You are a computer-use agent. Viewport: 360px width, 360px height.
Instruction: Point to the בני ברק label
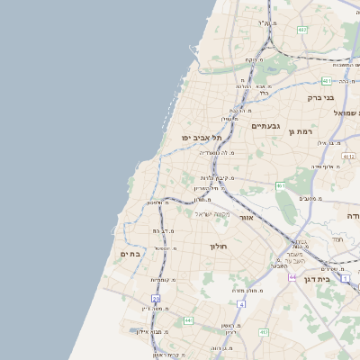[320, 97]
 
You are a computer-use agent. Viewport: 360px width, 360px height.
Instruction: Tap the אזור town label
[247, 218]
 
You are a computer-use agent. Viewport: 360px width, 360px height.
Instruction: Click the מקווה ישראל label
[212, 213]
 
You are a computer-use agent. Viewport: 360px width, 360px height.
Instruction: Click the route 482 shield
[302, 30]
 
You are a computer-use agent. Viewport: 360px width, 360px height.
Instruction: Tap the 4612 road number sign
[348, 156]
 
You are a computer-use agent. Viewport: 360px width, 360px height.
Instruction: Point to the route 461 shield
[281, 185]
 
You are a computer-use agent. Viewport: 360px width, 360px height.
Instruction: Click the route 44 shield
[292, 277]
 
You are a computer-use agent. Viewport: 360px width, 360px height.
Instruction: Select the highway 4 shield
[241, 304]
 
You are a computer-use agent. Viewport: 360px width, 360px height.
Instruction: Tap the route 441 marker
[188, 320]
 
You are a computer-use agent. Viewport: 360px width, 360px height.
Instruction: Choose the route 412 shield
[264, 333]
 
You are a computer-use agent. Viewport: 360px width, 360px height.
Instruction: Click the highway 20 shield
[156, 298]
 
